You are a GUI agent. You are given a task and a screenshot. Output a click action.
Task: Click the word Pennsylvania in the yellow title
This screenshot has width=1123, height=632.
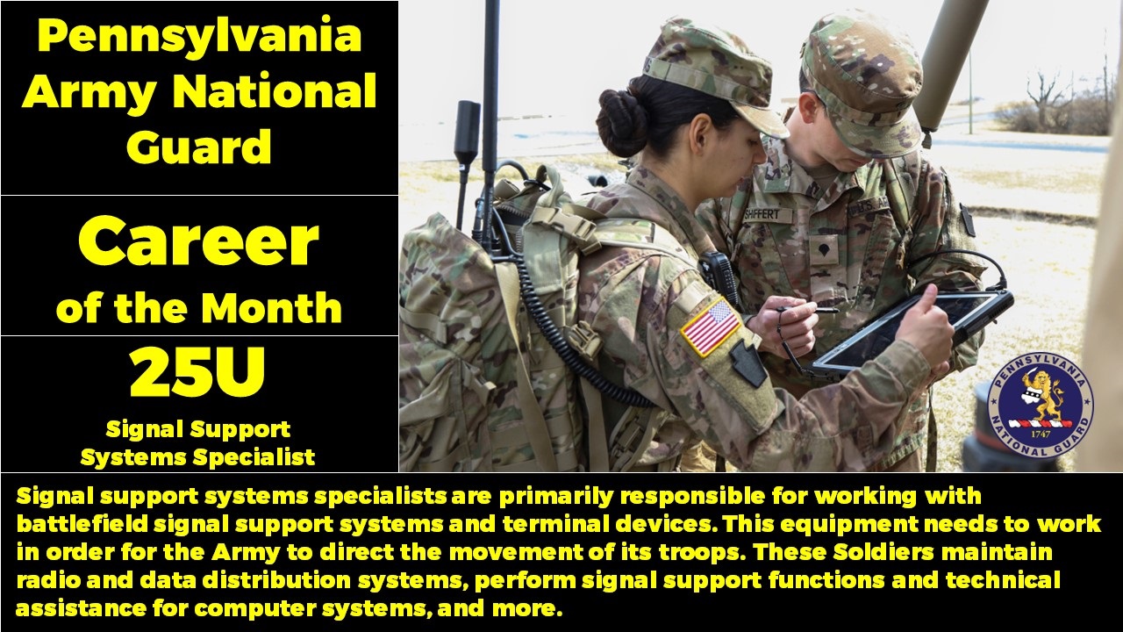tap(199, 37)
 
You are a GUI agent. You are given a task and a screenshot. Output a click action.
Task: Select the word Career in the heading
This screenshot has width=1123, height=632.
tap(198, 242)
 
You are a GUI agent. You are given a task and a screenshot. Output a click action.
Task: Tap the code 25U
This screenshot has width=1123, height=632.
tap(198, 373)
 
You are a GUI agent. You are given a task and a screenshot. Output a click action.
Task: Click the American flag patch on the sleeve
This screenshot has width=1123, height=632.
tap(711, 326)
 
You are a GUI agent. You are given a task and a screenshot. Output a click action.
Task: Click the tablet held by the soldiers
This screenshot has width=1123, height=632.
tap(912, 329)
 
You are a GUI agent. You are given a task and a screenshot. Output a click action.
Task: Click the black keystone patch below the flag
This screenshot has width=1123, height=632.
tap(748, 363)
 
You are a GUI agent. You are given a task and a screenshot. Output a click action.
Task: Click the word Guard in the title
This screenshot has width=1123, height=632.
tap(199, 147)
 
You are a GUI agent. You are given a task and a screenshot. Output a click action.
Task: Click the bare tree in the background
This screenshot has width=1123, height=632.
tap(1046, 97)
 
